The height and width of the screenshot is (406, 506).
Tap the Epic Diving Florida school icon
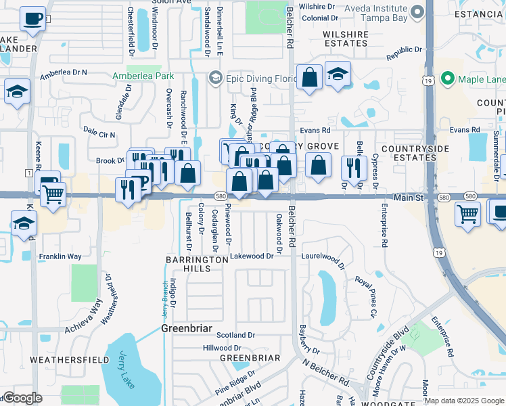click(x=215, y=78)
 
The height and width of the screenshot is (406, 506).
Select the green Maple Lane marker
click(x=446, y=79)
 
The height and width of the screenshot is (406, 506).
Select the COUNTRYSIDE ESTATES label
click(x=411, y=153)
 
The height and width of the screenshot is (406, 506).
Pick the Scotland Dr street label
click(x=235, y=335)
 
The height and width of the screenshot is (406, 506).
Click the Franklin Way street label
click(x=60, y=256)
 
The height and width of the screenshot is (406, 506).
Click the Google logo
click(x=23, y=398)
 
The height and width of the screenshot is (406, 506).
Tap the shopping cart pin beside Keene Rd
click(x=52, y=194)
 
